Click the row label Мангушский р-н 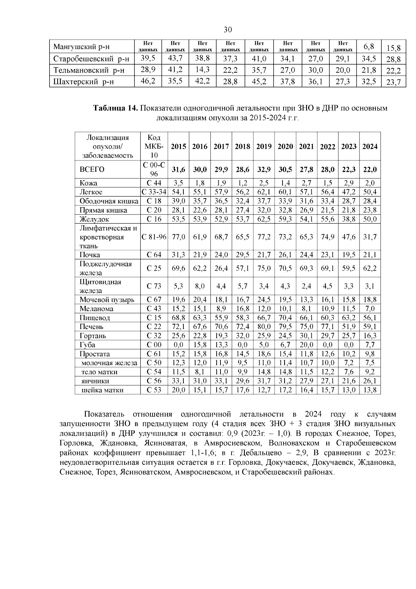[81, 47]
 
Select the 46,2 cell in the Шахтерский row [148, 82]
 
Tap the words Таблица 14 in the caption [115, 108]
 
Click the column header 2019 [264, 146]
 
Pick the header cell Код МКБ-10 [154, 146]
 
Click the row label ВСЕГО [92, 170]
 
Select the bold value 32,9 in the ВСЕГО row [264, 170]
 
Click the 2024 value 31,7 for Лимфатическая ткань [370, 237]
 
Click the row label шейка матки [102, 390]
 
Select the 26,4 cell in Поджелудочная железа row [221, 268]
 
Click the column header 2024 [370, 146]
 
